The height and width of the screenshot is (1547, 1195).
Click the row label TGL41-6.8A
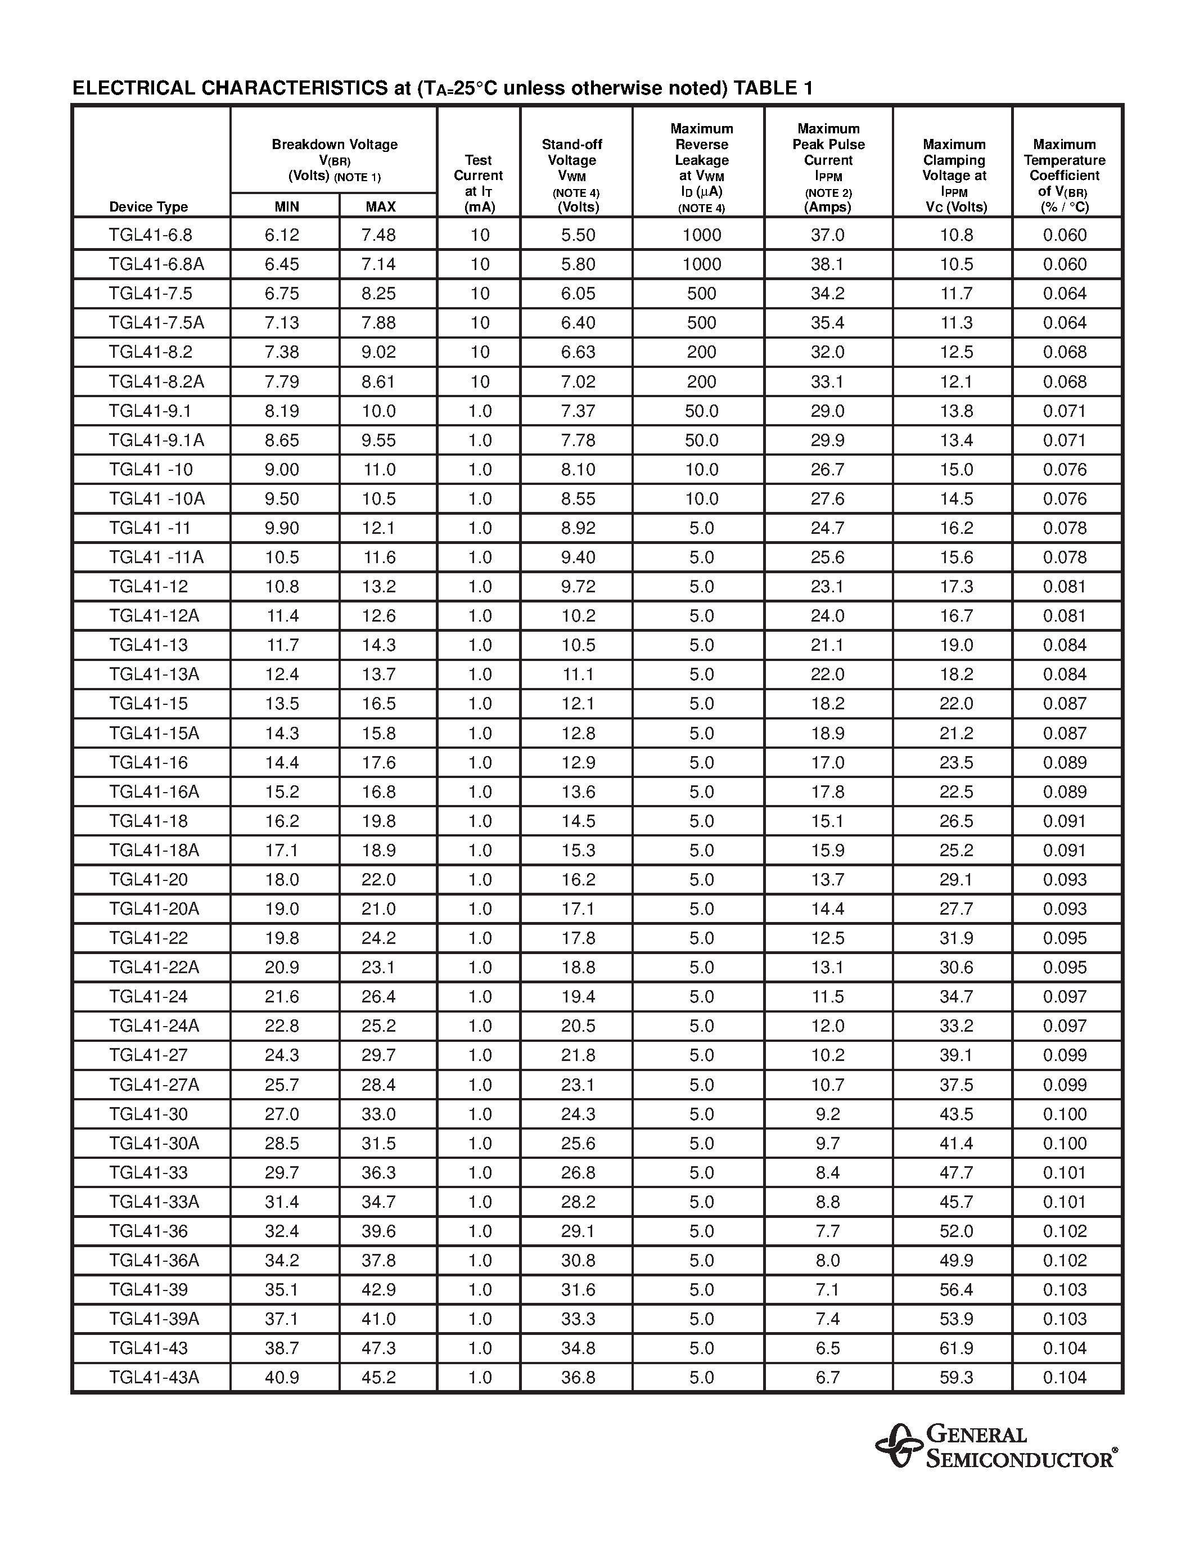click(x=156, y=264)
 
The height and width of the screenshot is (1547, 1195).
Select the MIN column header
click(x=287, y=207)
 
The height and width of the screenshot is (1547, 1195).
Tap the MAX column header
click(x=381, y=207)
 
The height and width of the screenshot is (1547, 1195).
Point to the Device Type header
click(x=148, y=207)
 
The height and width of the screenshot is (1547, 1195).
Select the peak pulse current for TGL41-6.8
click(x=828, y=235)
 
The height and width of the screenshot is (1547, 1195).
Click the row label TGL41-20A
click(x=154, y=909)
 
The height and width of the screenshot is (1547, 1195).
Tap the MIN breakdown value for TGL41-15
click(x=282, y=703)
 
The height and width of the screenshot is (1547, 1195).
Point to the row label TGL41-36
click(x=148, y=1231)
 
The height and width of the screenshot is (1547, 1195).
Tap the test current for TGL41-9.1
click(x=479, y=411)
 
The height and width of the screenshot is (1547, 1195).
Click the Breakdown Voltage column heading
click(x=334, y=145)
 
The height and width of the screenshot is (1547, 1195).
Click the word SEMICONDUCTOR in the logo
click(x=1020, y=1459)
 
